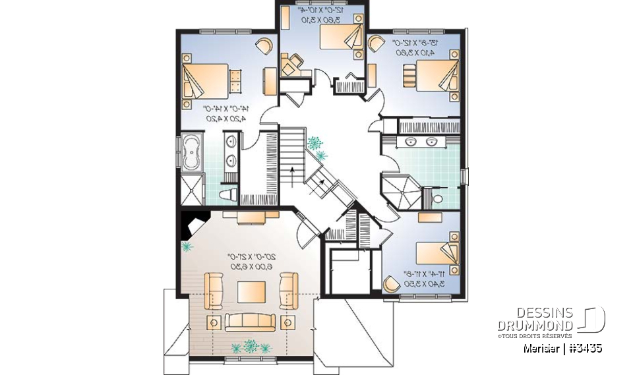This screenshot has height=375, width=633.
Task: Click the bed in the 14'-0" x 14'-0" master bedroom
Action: pyautogui.click(x=206, y=80)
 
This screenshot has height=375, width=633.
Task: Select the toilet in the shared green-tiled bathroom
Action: pyautogui.click(x=438, y=197)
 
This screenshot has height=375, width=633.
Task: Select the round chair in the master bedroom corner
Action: pyautogui.click(x=264, y=45)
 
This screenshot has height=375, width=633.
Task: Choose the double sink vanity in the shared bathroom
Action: pyautogui.click(x=422, y=141)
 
